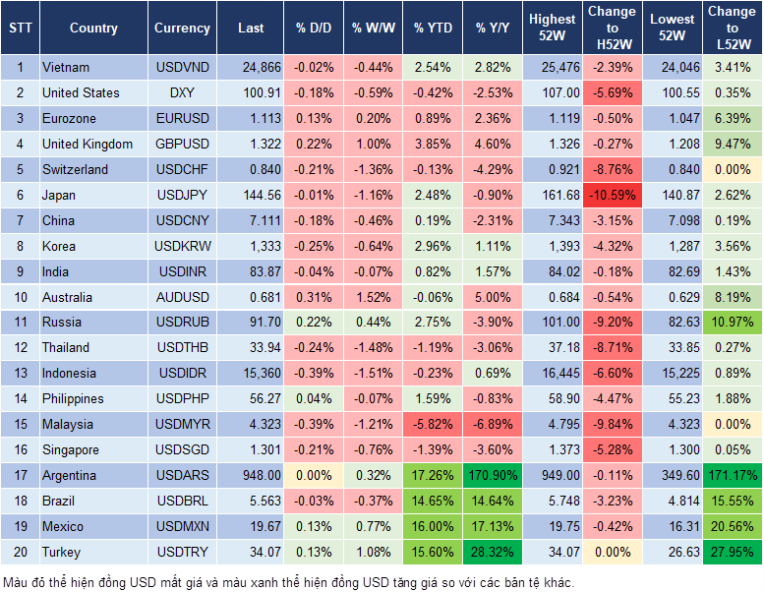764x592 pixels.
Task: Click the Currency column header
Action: (182, 29)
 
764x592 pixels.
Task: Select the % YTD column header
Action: (433, 29)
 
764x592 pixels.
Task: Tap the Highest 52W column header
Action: (552, 29)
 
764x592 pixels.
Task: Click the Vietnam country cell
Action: (66, 67)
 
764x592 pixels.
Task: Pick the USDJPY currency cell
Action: (182, 195)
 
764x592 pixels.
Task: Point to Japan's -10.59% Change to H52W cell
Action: (612, 195)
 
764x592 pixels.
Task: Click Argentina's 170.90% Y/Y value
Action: (494, 475)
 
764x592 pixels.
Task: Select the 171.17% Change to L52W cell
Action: (733, 475)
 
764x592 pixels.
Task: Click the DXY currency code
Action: (182, 92)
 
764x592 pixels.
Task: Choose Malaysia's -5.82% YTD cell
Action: (433, 424)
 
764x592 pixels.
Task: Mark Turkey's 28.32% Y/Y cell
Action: (494, 552)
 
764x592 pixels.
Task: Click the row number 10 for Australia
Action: (19, 297)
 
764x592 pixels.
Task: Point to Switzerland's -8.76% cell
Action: (612, 169)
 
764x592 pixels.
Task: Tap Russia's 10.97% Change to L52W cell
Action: (733, 322)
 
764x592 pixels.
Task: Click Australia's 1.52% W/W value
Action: (374, 297)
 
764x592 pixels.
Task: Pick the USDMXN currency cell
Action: (182, 526)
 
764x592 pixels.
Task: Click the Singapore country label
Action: (71, 449)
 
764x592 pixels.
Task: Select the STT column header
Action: (19, 29)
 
